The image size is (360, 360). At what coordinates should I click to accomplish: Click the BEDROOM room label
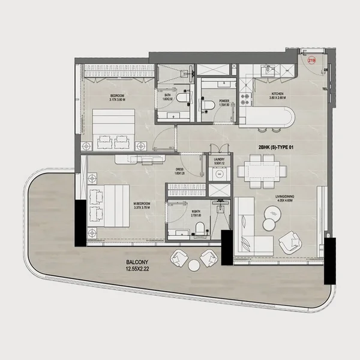116,96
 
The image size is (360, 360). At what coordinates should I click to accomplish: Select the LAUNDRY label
218,159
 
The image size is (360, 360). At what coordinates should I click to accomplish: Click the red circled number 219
311,60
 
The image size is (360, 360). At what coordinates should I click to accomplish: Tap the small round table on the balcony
193,265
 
